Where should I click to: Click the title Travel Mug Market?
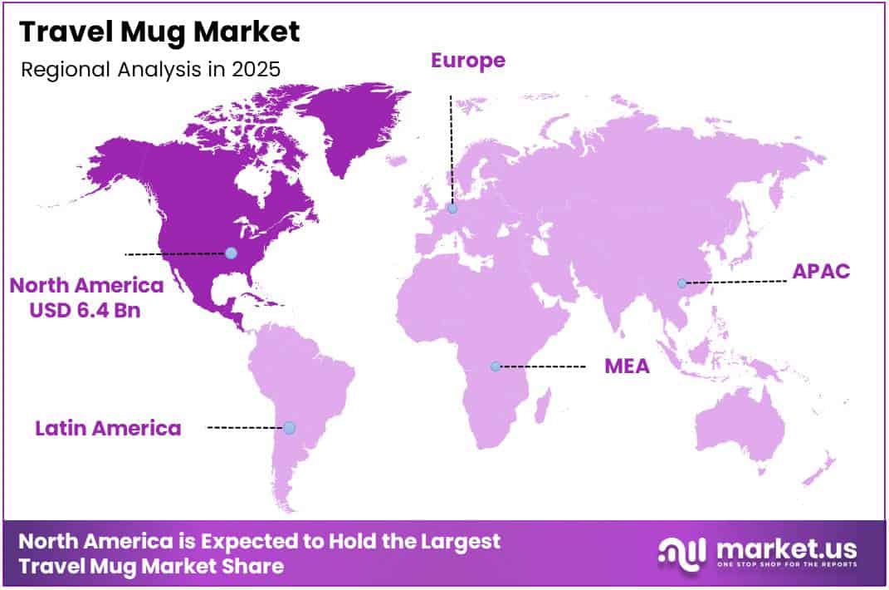pyautogui.click(x=159, y=32)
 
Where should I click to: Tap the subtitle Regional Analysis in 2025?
pyautogui.click(x=150, y=69)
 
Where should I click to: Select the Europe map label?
pyautogui.click(x=467, y=60)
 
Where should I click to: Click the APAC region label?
pyautogui.click(x=821, y=271)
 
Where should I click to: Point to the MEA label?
pyautogui.click(x=627, y=366)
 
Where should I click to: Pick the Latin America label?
pyautogui.click(x=108, y=428)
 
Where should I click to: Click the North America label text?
pyautogui.click(x=86, y=286)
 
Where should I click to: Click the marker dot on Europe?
pyautogui.click(x=452, y=209)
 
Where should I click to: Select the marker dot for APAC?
pyautogui.click(x=681, y=283)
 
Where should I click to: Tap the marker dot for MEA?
pyautogui.click(x=496, y=366)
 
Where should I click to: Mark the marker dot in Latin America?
pyautogui.click(x=289, y=428)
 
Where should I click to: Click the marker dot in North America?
pyautogui.click(x=231, y=253)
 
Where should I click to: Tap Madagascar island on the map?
pyautogui.click(x=544, y=408)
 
